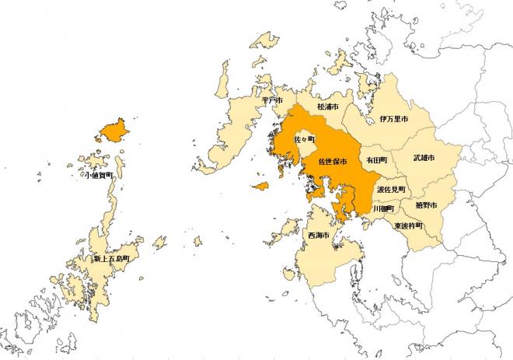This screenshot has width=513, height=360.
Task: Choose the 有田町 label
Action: (376, 159)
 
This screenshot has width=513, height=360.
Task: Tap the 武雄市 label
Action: (424, 158)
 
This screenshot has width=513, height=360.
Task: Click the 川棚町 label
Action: (384, 209)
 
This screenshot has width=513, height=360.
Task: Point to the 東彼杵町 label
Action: (408, 225)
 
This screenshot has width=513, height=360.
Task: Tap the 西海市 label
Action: (317, 235)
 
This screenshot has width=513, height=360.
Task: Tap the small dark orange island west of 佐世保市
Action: (260, 187)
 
